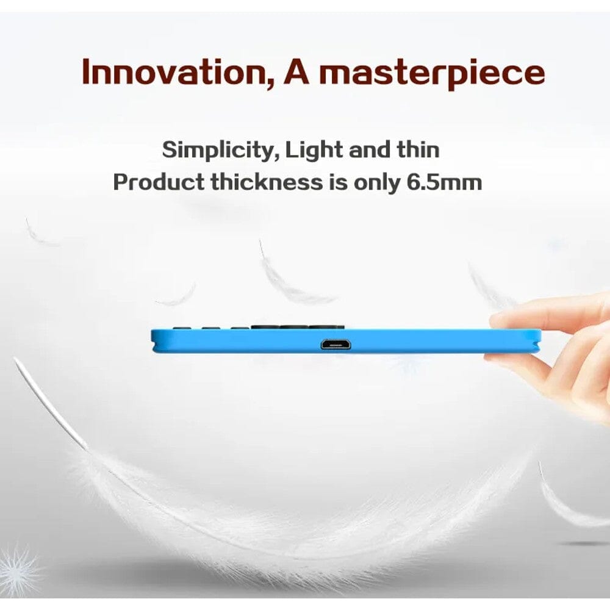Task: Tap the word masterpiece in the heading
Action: point(432,74)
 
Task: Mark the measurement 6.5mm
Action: point(444,182)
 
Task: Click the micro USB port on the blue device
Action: point(336,344)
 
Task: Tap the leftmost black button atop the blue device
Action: point(179,328)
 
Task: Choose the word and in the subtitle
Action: point(370,149)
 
